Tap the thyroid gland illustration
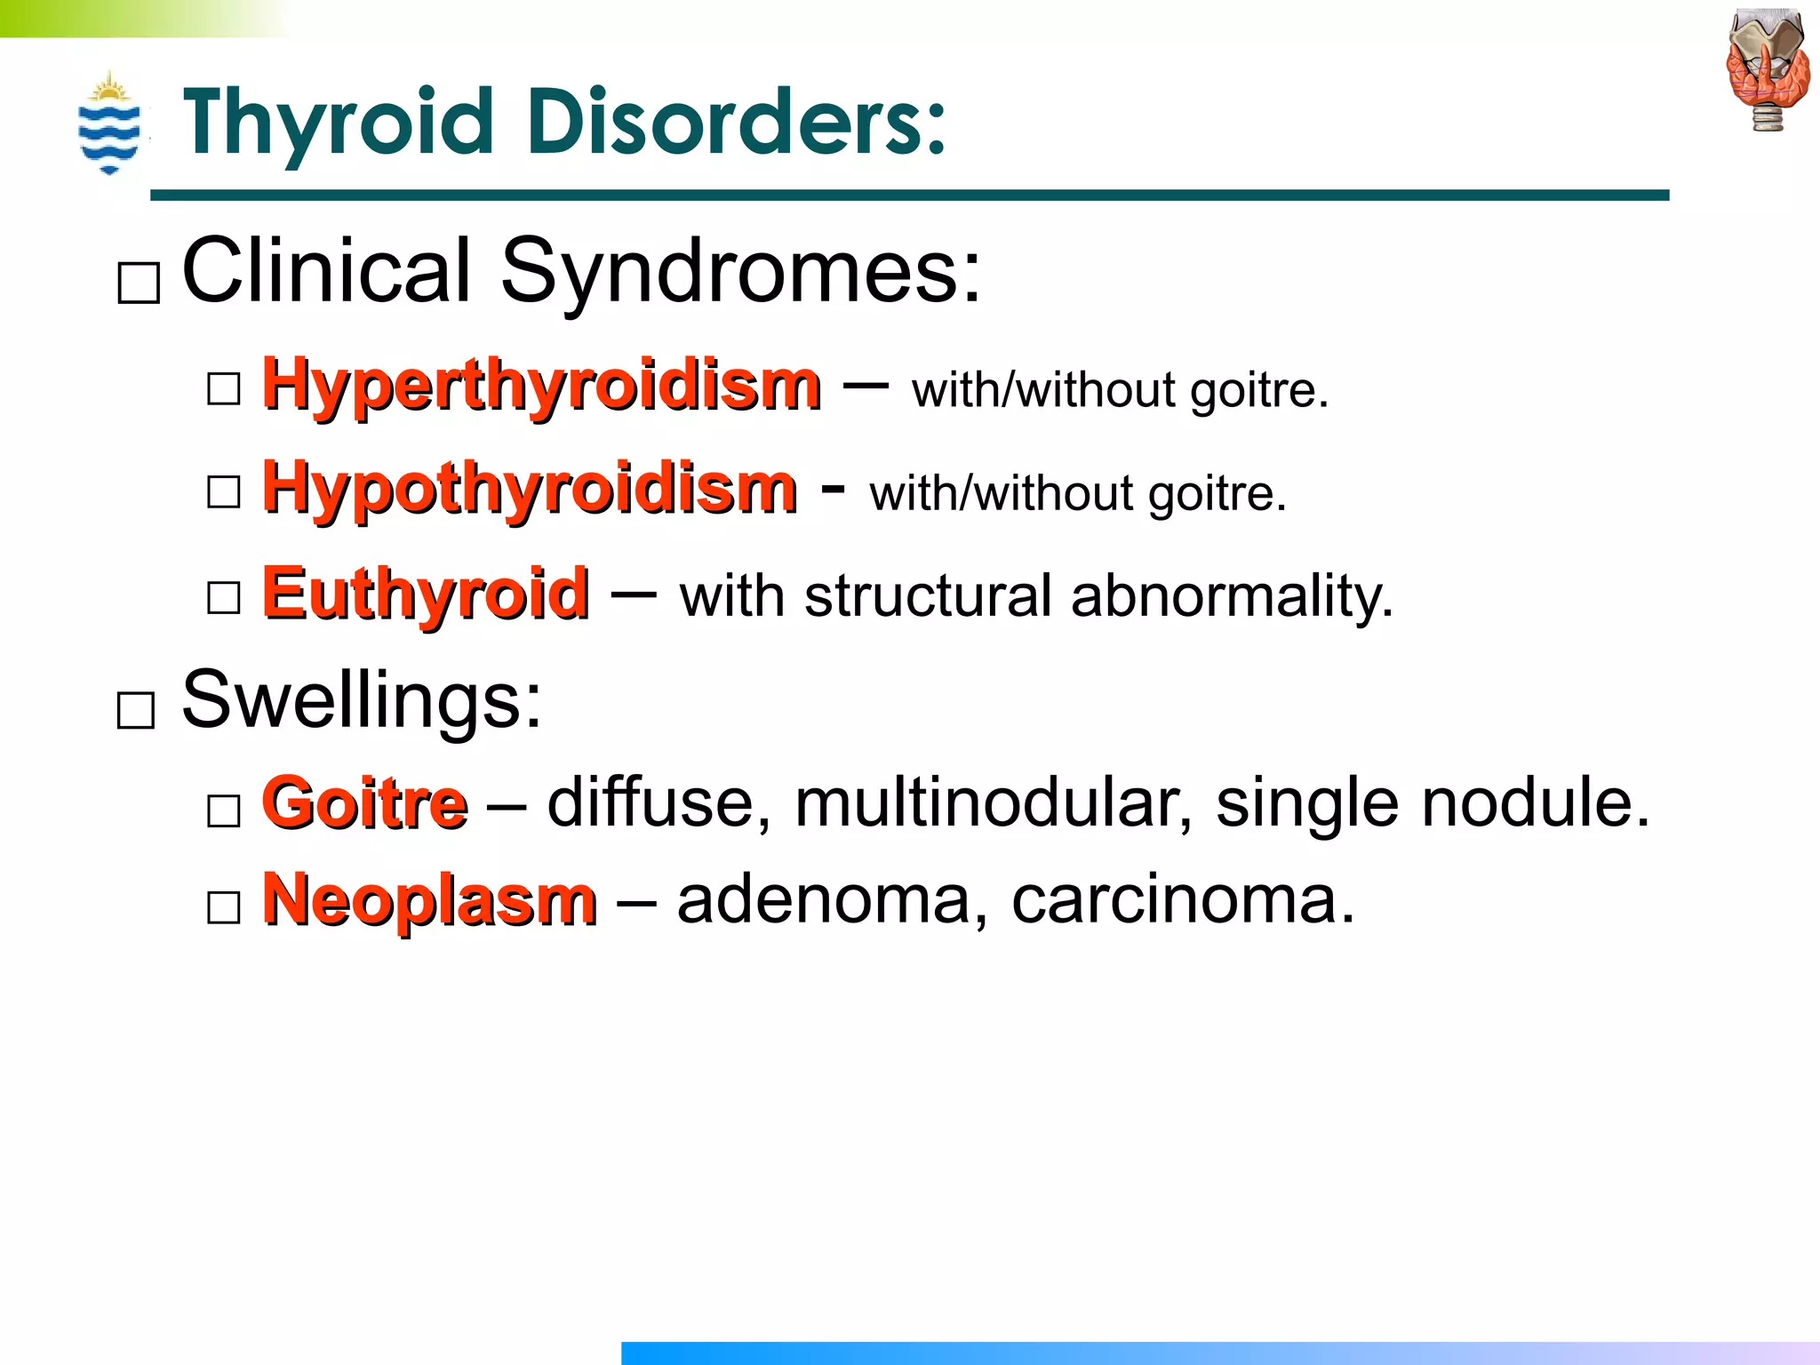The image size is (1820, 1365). [1768, 71]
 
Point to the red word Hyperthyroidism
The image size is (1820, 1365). [541, 386]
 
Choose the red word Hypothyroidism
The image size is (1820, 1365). [530, 489]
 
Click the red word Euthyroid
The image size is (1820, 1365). [425, 593]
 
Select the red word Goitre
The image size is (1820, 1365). [364, 802]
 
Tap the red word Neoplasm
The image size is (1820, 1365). [429, 899]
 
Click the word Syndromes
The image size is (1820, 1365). [741, 270]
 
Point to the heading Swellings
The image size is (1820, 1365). [361, 699]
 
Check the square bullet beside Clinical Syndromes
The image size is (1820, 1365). [139, 283]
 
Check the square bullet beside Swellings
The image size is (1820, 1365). [136, 711]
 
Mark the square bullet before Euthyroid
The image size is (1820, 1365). [223, 597]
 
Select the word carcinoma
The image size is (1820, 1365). [1183, 899]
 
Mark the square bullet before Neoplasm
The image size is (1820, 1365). [223, 907]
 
